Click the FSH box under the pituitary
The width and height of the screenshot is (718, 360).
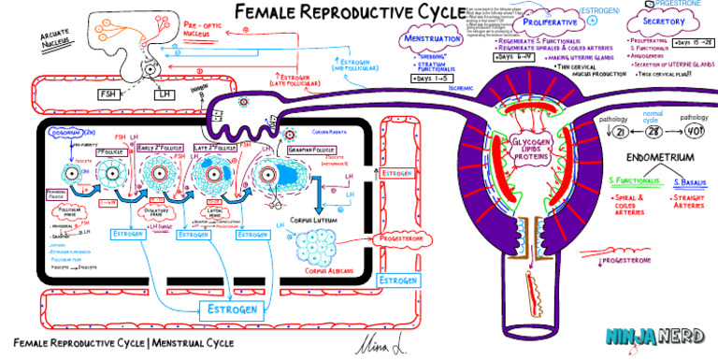pyautogui.click(x=108, y=94)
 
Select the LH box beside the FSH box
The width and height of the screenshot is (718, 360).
pyautogui.click(x=165, y=94)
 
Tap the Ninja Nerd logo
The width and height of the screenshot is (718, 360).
pyautogui.click(x=655, y=338)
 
